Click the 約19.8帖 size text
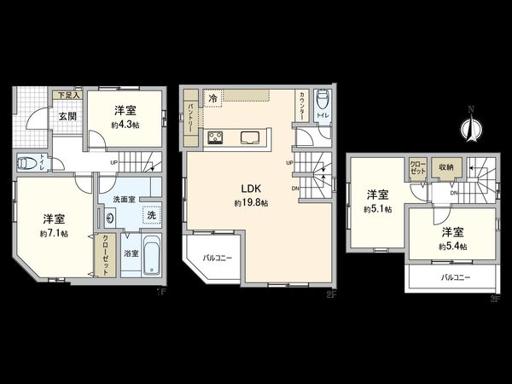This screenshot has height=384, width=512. pos(252,203)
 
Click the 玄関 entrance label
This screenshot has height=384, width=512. pos(69,119)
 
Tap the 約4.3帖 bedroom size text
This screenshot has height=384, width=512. pos(124,125)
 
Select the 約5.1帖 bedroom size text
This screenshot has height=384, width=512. pos(376,208)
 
